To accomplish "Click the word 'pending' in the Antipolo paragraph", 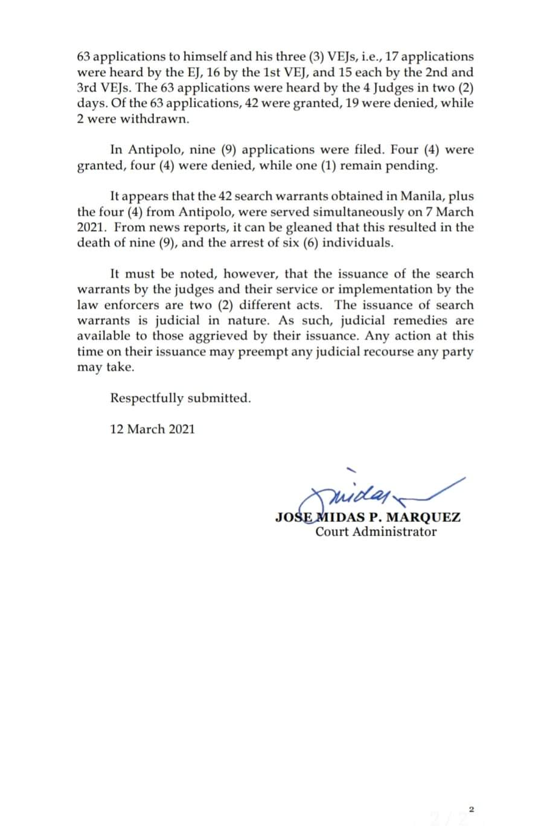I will tap(415, 165).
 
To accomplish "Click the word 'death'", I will tap(94, 243).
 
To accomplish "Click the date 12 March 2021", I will tap(152, 429).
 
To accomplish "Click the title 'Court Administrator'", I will tap(376, 532).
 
